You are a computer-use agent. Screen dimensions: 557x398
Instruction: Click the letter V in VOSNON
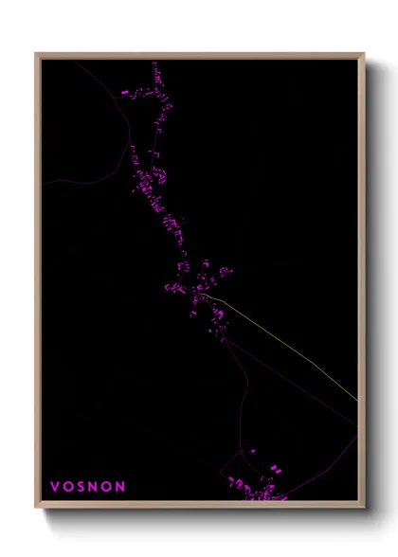[55, 486]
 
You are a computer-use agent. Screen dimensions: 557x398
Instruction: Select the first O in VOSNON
[68, 486]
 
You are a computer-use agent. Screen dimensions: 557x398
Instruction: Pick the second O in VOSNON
[107, 486]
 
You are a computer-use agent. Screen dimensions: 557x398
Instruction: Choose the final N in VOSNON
[120, 486]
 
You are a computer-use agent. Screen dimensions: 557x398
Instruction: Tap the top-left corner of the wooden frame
[36, 54]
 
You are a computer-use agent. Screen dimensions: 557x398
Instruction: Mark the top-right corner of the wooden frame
[364, 54]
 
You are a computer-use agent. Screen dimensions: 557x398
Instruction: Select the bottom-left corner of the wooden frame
[36, 509]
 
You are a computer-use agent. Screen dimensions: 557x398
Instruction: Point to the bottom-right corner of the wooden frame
[364, 509]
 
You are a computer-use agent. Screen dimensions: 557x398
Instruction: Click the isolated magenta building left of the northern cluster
[124, 92]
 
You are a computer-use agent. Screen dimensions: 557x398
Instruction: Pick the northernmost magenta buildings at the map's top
[154, 68]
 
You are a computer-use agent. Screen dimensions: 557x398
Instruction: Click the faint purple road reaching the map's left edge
[57, 180]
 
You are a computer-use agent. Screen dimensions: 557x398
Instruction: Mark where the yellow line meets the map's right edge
[356, 399]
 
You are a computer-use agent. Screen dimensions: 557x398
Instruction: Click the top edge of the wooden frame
[199, 54]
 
